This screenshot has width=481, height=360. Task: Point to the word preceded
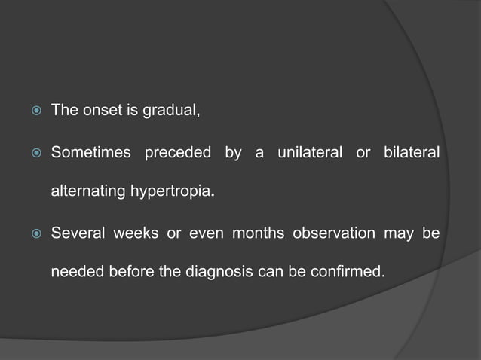[x=179, y=153]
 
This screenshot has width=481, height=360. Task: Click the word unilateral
[x=308, y=153]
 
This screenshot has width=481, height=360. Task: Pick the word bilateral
[x=412, y=153]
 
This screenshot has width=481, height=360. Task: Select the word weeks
[x=136, y=231]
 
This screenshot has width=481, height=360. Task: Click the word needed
[x=74, y=270]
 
